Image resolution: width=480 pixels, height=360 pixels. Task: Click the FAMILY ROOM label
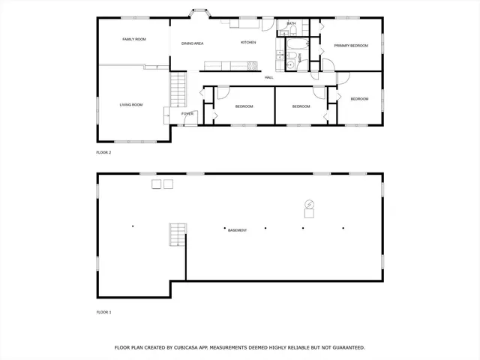point(134,39)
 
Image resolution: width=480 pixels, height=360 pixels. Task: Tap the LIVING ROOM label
point(131,104)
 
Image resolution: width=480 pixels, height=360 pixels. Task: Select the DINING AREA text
point(193,43)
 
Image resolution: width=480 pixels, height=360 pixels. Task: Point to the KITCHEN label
point(248,42)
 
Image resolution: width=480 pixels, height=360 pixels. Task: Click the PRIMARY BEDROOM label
point(351,46)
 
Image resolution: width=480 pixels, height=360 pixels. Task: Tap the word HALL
point(268,77)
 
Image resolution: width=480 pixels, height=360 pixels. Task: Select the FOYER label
point(187,114)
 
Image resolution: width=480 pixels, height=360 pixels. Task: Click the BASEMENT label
point(237,230)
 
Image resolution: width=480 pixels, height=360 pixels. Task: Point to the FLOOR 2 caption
point(103,152)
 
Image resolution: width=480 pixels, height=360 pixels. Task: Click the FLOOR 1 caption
point(103,311)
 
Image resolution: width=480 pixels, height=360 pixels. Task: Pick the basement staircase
point(177,235)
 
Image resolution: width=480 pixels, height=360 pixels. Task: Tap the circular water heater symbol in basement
point(308,205)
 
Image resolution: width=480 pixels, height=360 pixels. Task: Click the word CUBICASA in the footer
point(193,348)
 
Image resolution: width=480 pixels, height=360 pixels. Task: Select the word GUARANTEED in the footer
point(347,348)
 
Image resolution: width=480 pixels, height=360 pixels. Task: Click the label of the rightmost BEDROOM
point(359,99)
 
